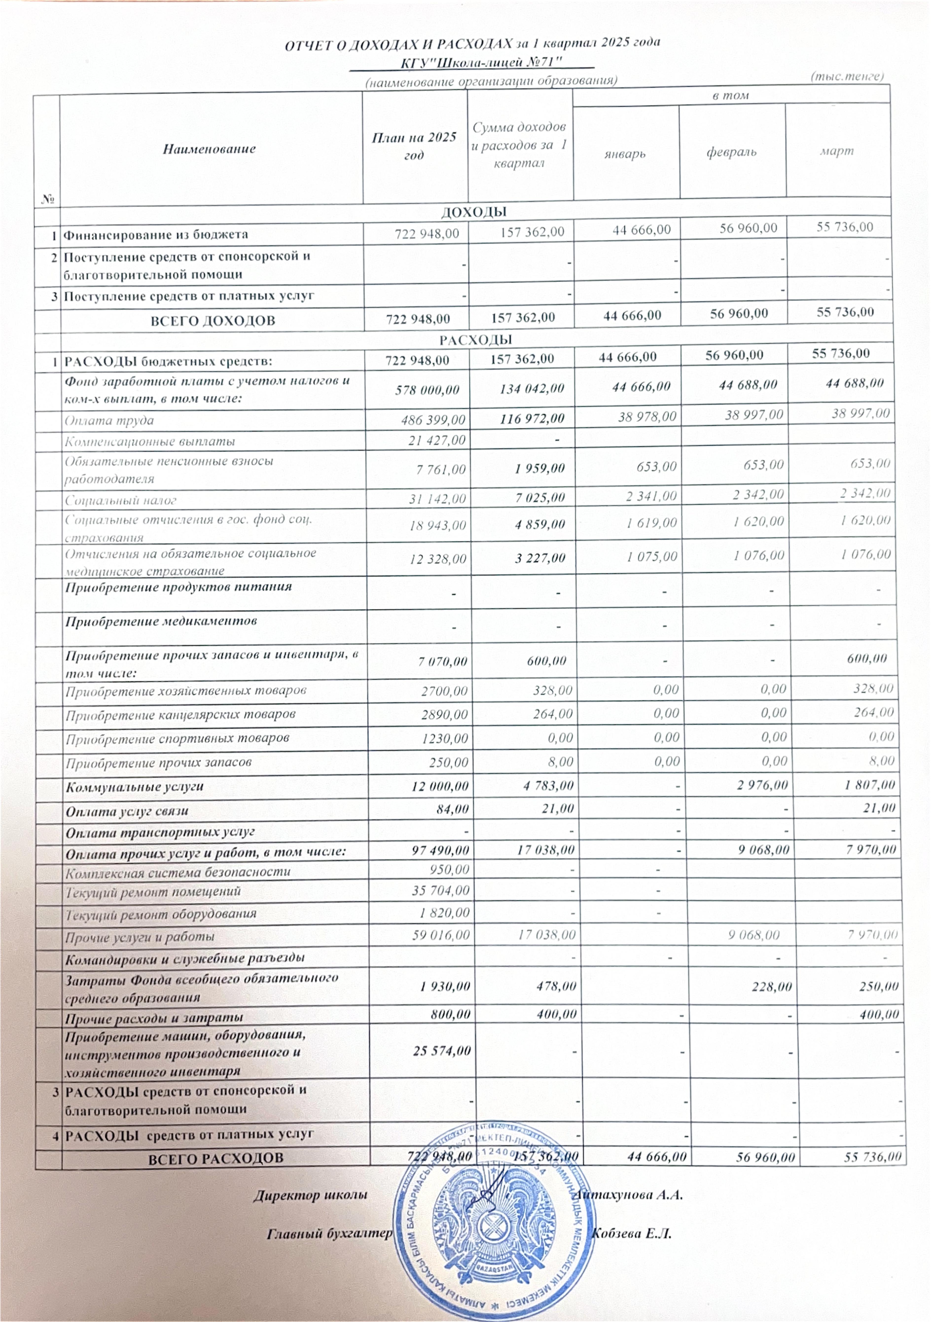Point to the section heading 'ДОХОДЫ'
click(x=473, y=212)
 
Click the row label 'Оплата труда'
click(x=109, y=420)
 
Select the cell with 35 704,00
click(x=440, y=891)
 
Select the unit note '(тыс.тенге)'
click(x=846, y=76)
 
